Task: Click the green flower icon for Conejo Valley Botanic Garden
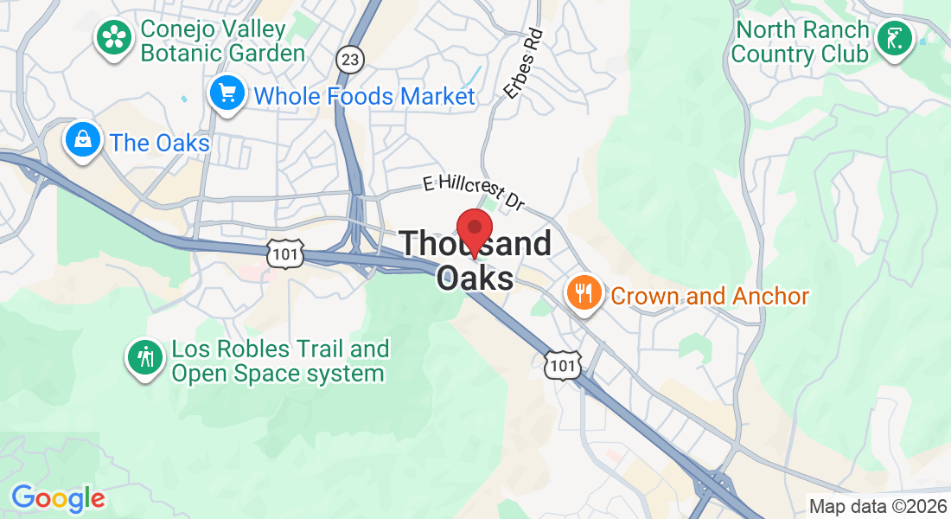pos(112,37)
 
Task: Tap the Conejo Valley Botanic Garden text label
pos(222,41)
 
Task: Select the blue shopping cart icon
pos(227,93)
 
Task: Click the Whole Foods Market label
pos(365,96)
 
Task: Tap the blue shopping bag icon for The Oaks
pos(83,138)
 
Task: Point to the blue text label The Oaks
pos(160,143)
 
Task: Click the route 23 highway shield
pos(350,59)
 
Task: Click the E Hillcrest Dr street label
pos(474,191)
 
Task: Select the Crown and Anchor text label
pos(710,297)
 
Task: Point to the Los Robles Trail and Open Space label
pos(279,362)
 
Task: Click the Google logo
pos(58,498)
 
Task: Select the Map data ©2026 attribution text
pos(877,507)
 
